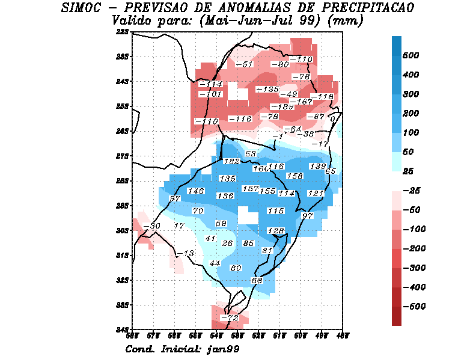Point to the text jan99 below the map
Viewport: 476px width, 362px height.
222,349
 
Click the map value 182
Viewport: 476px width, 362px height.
231,161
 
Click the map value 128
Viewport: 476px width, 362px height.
275,231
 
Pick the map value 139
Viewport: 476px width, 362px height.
317,166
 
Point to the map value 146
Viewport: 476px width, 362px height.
197,191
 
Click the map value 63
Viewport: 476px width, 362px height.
257,281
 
